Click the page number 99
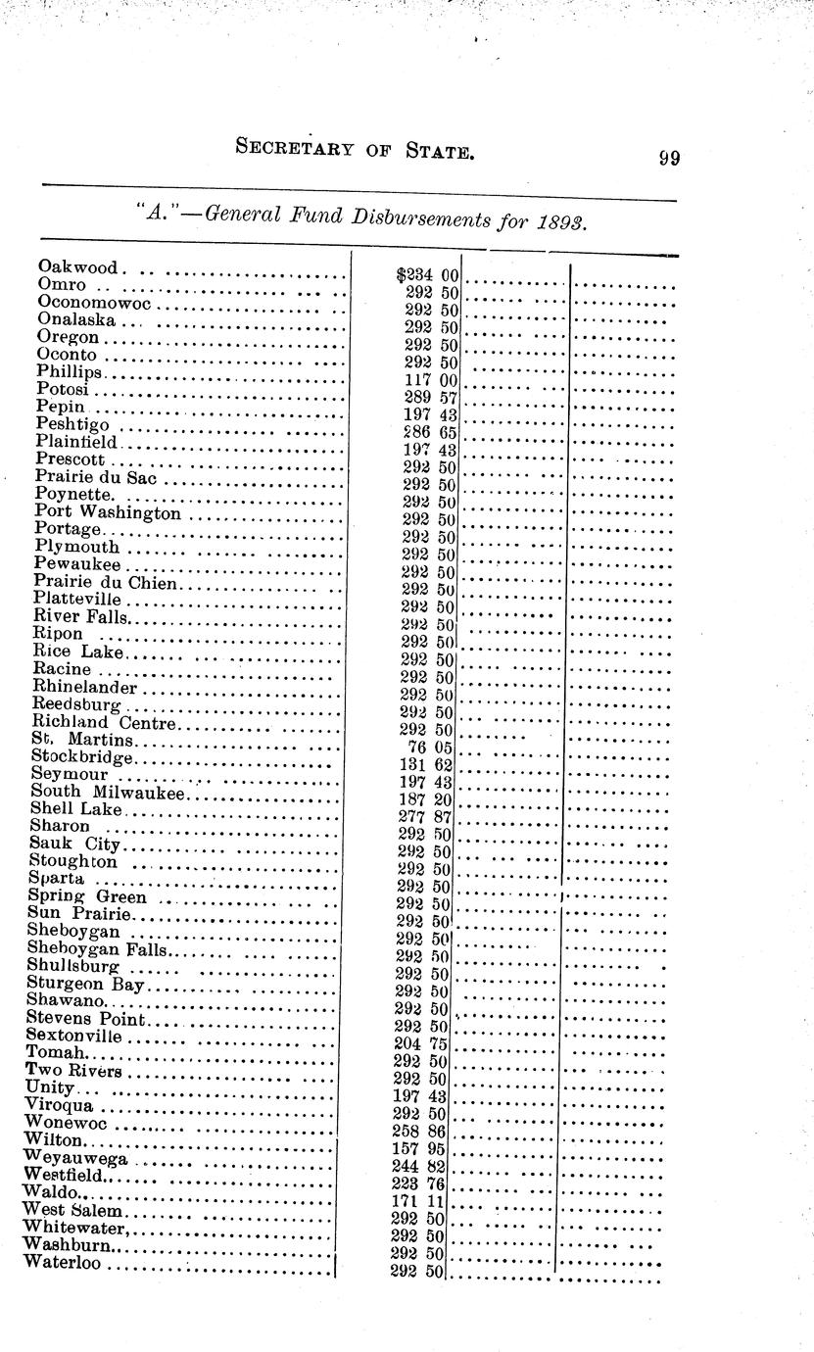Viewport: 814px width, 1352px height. tap(670, 159)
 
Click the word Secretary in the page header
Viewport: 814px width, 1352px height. tap(297, 149)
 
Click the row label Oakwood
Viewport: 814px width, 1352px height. tap(78, 266)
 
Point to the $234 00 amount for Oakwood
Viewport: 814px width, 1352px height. tap(422, 276)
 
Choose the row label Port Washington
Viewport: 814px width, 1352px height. tap(108, 511)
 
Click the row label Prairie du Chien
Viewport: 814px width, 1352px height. tap(106, 582)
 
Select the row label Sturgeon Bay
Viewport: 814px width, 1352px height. tap(86, 983)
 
